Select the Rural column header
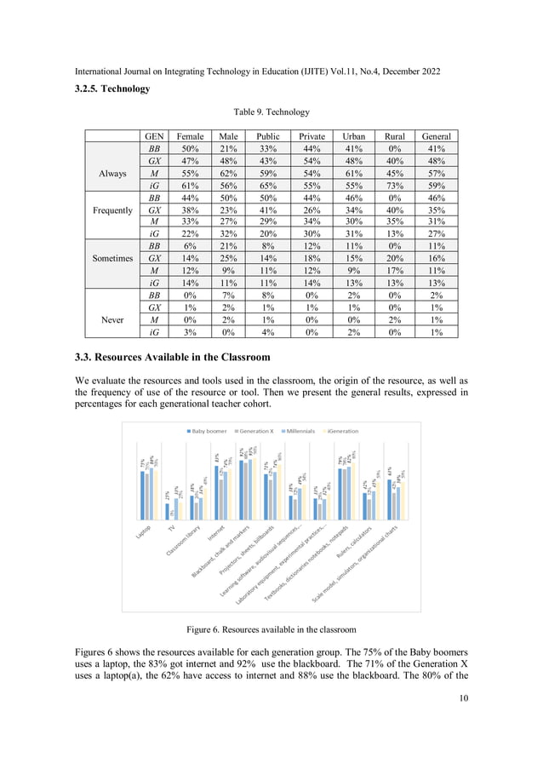coord(395,135)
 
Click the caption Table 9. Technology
coord(271,112)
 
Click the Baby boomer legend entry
coord(204,432)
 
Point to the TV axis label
coord(171,529)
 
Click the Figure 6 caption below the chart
coord(271,629)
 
